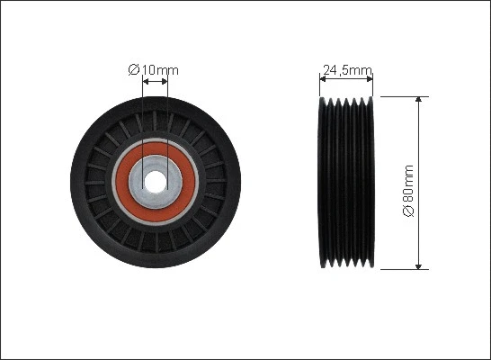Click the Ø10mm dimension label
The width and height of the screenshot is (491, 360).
[155, 69]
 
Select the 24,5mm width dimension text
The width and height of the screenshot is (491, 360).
[347, 69]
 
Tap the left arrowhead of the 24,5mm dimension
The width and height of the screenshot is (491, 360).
[324, 79]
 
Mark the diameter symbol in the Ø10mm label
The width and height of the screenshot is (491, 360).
[133, 69]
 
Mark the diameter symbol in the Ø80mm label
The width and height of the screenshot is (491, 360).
[408, 211]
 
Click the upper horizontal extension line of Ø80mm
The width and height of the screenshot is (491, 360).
[400, 94]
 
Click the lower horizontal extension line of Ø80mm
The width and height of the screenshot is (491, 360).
[400, 268]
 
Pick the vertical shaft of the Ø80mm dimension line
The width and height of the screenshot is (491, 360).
[419, 144]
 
